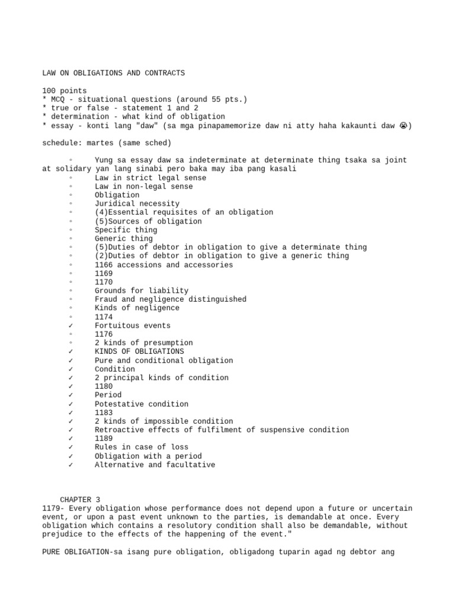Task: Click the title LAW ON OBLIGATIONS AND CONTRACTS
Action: coord(114,73)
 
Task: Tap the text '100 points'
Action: coord(65,91)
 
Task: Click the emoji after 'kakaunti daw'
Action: coord(403,126)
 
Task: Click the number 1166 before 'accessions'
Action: coord(104,264)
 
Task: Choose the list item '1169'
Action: coord(104,273)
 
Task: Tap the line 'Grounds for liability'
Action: coord(142,290)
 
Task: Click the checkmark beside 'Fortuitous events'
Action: coord(71,325)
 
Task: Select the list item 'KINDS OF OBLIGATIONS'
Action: coord(139,352)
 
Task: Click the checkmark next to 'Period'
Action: coord(71,395)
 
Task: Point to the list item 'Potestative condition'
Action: coord(142,404)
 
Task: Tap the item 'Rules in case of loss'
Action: coord(142,447)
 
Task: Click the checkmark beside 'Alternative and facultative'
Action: coord(71,465)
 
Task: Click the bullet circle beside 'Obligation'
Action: coord(71,195)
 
